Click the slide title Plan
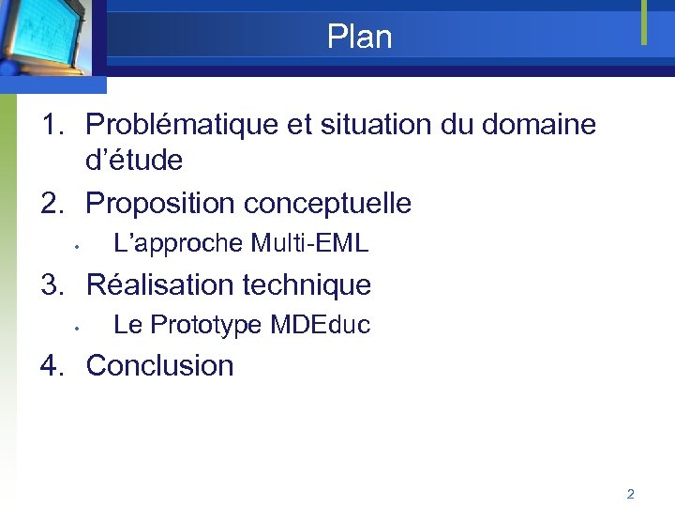[359, 38]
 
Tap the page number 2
[630, 494]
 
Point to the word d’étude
[134, 161]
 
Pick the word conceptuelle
[327, 203]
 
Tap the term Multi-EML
[309, 244]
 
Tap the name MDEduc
[320, 326]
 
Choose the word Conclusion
[159, 365]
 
